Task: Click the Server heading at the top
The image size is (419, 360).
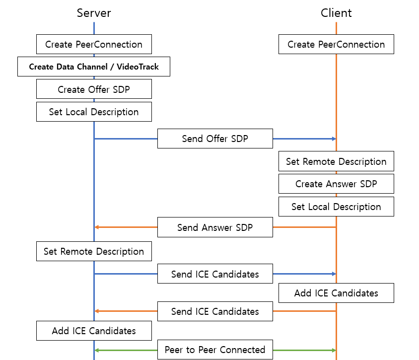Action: coord(94,13)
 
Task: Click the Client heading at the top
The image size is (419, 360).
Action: coord(336,13)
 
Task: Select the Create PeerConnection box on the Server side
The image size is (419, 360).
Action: coord(94,44)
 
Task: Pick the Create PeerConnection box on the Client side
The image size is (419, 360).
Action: coord(336,44)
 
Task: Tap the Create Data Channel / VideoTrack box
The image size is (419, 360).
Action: coord(94,67)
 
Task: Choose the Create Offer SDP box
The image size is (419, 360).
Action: coord(94,89)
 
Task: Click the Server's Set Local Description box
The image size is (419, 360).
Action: coord(94,112)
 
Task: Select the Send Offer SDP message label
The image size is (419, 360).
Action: coord(215,139)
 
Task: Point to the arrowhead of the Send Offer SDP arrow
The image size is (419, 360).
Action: coord(334,139)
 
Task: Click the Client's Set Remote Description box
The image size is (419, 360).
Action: coord(336,161)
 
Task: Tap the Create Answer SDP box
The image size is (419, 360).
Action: coord(336,184)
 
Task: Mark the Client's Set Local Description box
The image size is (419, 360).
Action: coord(336,207)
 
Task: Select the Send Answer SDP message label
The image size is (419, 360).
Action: coord(215,227)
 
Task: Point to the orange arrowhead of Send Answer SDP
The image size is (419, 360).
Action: coord(97,227)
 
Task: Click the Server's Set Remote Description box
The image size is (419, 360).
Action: coord(94,251)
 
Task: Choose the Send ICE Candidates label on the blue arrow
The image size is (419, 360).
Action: coord(215,274)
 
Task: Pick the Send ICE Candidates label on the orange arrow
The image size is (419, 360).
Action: coord(215,311)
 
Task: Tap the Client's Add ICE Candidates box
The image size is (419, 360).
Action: coord(336,293)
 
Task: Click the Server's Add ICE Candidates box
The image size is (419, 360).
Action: coord(94,331)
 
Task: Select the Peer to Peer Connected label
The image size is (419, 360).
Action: coord(215,350)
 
